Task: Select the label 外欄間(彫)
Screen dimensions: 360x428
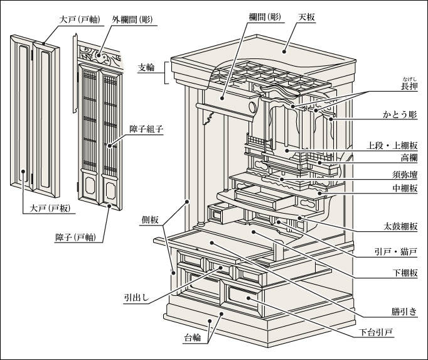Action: click(132, 19)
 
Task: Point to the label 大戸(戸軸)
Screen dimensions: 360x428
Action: click(78, 19)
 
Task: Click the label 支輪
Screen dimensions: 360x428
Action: click(148, 67)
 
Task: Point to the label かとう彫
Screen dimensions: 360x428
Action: click(402, 116)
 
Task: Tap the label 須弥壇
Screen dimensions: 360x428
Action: click(405, 175)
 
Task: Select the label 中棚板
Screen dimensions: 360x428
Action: click(405, 190)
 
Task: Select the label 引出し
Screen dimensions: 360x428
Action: click(136, 299)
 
